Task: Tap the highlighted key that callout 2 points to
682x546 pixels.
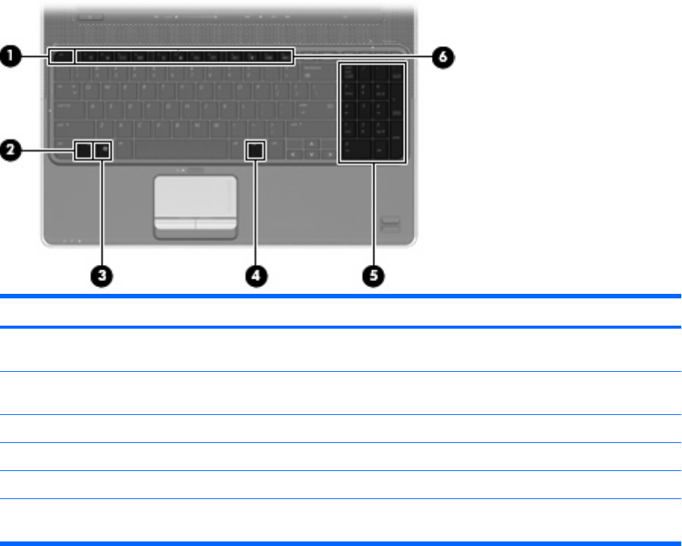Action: pos(83,151)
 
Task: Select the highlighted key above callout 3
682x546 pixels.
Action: pos(103,151)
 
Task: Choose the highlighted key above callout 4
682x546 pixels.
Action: pos(256,151)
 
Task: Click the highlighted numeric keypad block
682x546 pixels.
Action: pos(372,112)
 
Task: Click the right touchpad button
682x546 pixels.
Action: pos(214,223)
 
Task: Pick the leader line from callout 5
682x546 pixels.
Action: pos(373,212)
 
